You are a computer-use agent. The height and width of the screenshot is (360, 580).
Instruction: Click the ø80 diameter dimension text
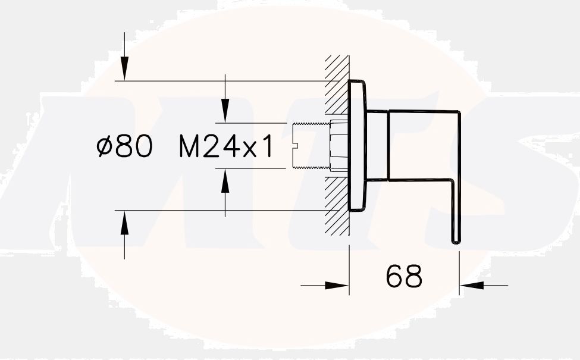coord(124,146)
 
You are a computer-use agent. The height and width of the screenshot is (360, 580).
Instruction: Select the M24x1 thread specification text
coord(227,147)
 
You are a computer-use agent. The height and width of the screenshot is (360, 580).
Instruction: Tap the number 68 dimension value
coord(404,276)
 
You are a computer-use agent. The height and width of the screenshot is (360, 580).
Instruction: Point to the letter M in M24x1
coord(190,147)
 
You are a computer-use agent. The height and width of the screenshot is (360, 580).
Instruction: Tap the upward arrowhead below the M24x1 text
coord(225,180)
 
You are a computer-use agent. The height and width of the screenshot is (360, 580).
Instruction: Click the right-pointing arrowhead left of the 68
coord(339,286)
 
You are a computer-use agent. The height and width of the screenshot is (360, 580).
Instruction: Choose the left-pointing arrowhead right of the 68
coord(470,286)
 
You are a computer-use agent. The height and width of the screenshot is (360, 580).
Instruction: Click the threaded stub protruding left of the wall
coord(311,146)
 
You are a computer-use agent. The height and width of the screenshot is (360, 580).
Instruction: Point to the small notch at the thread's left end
coord(296,146)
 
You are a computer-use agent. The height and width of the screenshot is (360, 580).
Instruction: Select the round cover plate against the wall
coord(357,146)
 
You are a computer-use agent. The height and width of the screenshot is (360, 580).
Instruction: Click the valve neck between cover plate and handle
coord(377,146)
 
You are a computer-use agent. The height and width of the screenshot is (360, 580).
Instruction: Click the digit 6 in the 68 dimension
coord(395,276)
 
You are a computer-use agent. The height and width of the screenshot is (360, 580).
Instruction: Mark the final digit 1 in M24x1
coord(268,147)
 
